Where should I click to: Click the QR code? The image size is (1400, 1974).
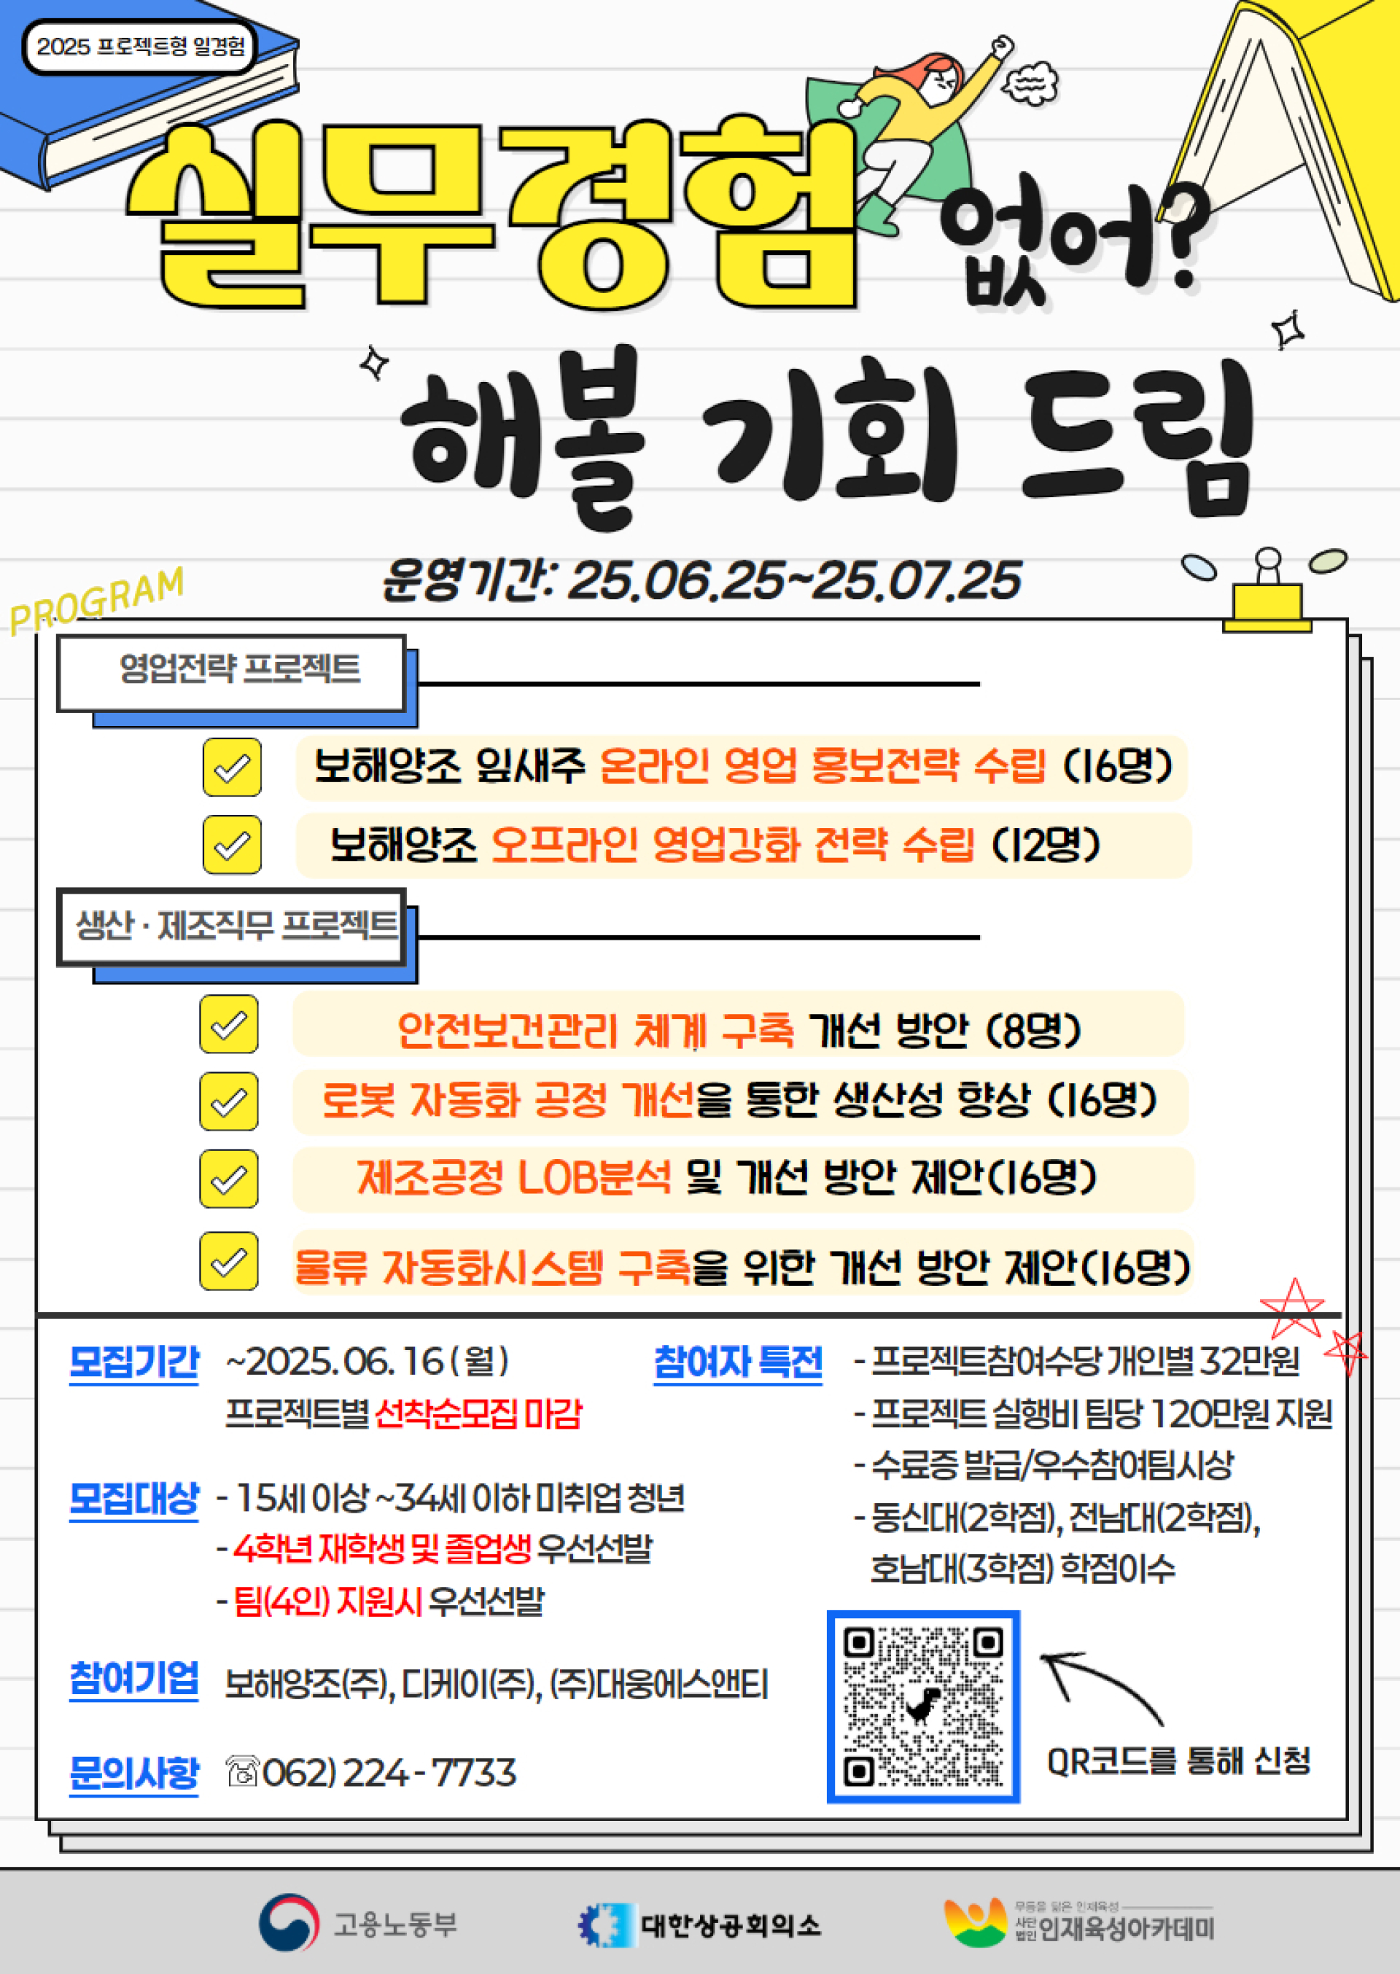(923, 1706)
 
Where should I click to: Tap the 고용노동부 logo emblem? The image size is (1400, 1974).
(289, 1922)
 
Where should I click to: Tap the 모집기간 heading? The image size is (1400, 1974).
(133, 1362)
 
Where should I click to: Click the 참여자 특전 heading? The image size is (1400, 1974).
(738, 1362)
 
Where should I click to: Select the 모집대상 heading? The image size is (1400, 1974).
(133, 1499)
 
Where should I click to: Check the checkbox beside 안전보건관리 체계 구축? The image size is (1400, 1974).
(228, 1023)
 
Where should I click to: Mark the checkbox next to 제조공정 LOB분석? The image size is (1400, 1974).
(228, 1178)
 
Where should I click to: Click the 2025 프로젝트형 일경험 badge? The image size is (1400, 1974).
(141, 47)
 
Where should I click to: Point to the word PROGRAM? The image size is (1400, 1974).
(96, 600)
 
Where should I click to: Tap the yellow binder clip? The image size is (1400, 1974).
(1267, 593)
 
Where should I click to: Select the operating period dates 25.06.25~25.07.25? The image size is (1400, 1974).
(794, 580)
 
